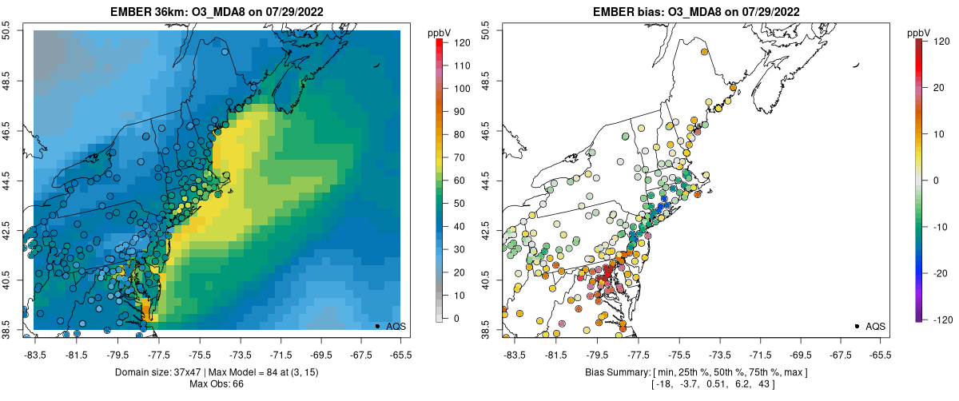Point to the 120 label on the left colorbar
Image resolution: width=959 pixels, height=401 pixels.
461,43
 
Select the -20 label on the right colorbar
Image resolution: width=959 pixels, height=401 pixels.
940,273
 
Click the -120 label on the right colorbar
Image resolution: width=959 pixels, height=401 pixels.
941,319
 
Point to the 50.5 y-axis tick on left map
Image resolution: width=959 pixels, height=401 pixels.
6,30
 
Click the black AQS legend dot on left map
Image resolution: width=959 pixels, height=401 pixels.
377,326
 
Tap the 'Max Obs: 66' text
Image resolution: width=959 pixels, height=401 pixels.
217,384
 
